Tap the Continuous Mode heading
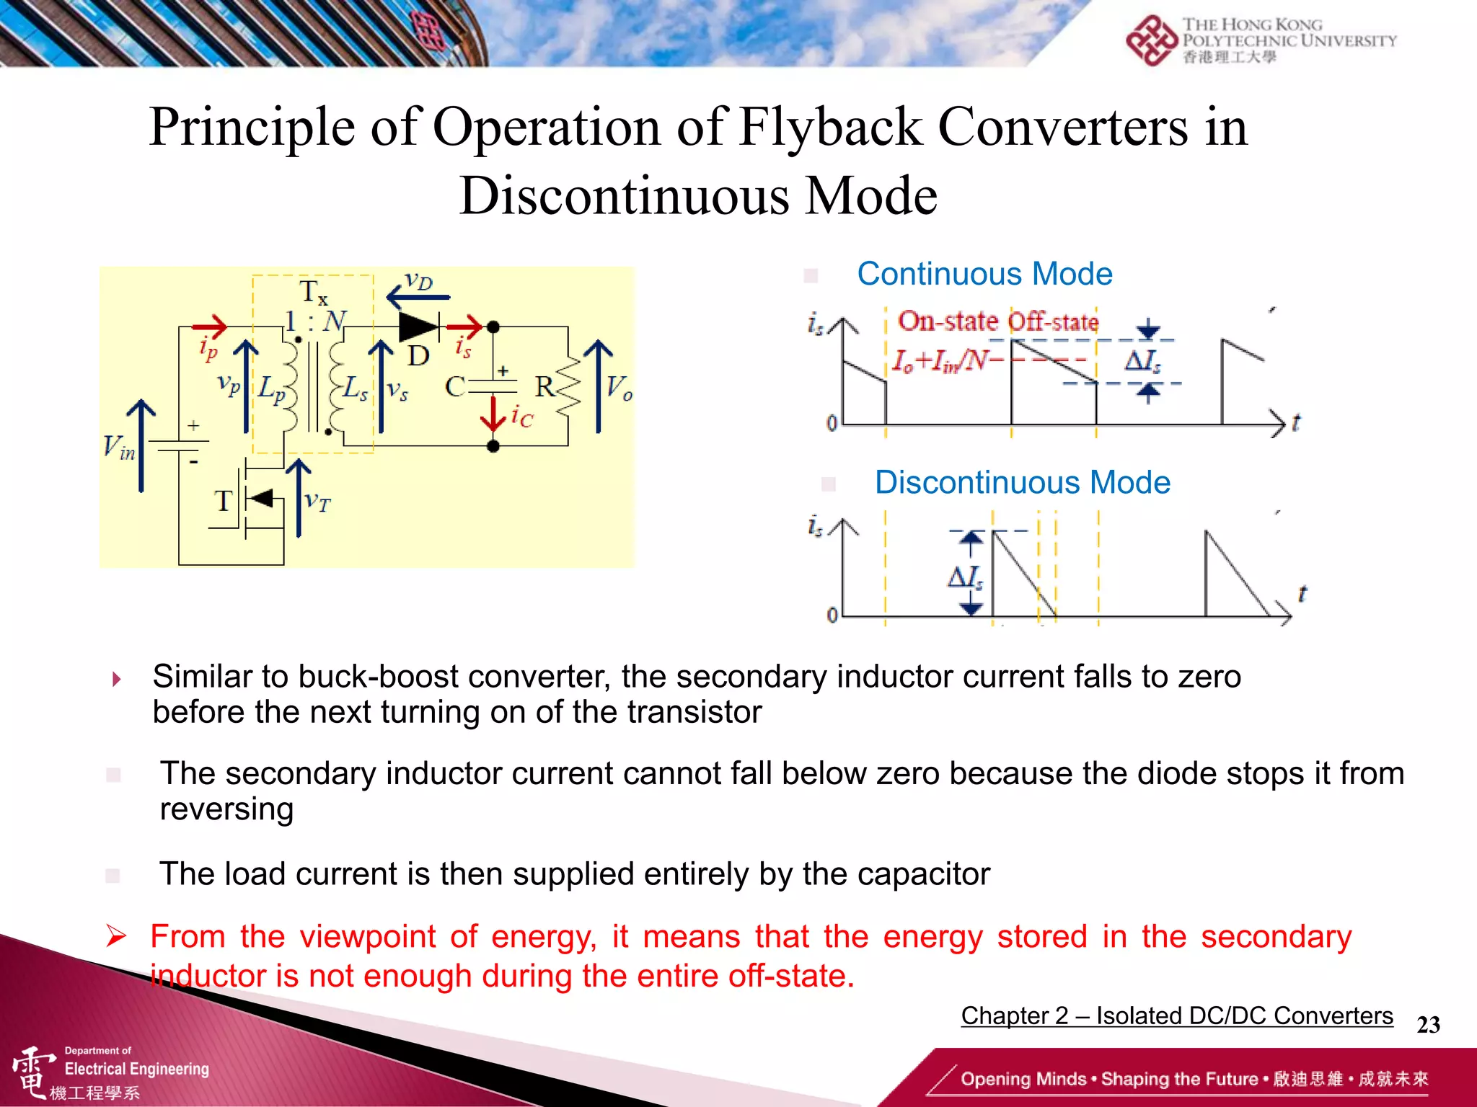(984, 275)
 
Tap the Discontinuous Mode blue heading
(1022, 483)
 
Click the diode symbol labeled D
(418, 327)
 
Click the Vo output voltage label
(619, 388)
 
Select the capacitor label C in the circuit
(454, 387)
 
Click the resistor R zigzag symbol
(568, 388)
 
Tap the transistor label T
(224, 501)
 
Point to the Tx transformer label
(313, 293)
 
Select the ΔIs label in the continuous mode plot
(1143, 360)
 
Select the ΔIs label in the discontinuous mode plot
(965, 577)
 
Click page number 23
(1428, 1025)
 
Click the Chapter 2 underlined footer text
(1176, 1015)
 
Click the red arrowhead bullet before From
(116, 936)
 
